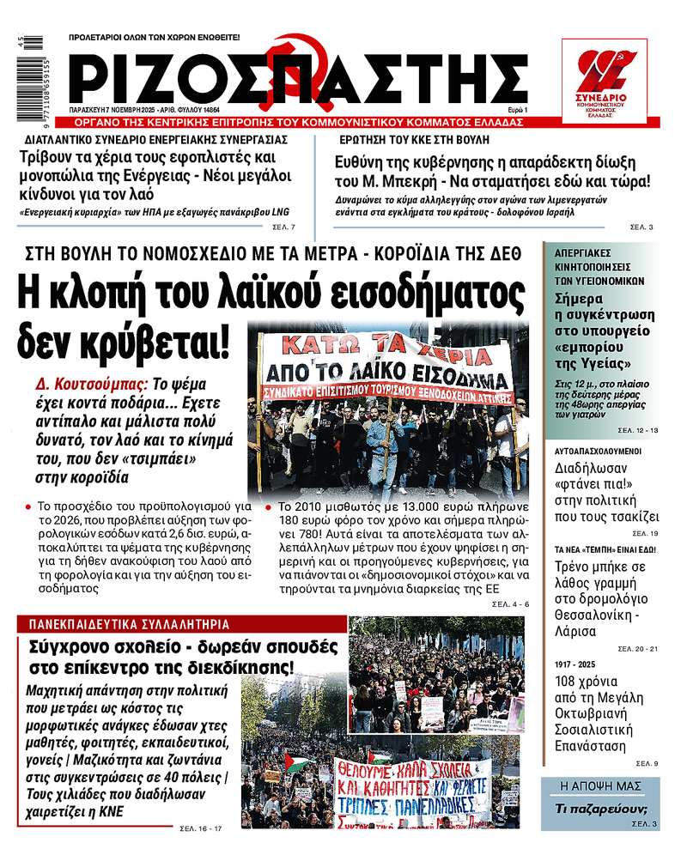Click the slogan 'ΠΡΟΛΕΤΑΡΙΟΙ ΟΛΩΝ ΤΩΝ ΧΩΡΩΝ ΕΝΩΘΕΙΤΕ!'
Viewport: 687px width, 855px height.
[155, 38]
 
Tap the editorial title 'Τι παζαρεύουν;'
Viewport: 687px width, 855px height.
[600, 809]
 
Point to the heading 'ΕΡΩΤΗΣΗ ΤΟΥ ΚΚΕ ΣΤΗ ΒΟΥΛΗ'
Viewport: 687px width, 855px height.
[411, 138]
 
